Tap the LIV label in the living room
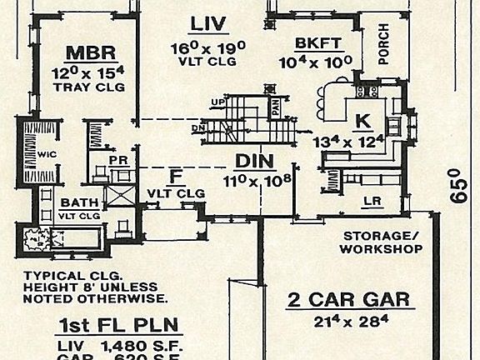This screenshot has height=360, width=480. pos(208,22)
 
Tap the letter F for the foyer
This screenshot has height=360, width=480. pos(175,176)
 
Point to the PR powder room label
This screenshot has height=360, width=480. pos(118,162)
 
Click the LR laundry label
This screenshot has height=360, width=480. pos(373,201)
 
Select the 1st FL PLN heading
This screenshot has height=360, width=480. pos(112,325)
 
